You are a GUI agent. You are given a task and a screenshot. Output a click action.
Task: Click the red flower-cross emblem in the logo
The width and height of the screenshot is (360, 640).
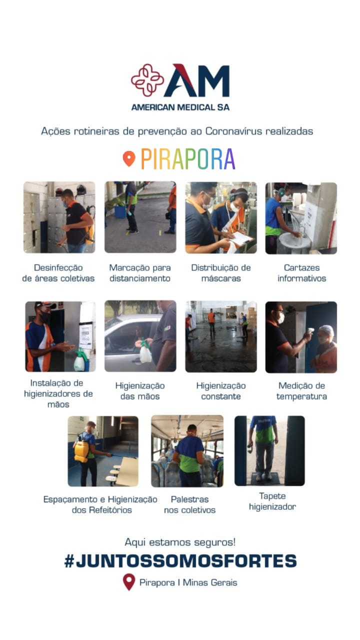click(x=147, y=80)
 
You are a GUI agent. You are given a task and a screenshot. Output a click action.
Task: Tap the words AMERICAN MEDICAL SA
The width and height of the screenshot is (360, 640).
click(x=180, y=107)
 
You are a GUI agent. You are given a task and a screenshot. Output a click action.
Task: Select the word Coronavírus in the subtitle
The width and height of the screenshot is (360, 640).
click(x=233, y=131)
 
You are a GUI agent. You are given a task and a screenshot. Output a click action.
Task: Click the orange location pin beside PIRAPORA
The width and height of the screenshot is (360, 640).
click(x=129, y=158)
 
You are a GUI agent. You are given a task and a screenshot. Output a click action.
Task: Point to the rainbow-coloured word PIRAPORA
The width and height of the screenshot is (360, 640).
click(x=188, y=159)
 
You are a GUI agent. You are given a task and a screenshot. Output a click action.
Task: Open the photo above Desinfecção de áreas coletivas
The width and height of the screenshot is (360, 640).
click(x=59, y=217)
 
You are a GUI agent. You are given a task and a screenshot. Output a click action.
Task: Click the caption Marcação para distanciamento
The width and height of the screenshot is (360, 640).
click(x=140, y=273)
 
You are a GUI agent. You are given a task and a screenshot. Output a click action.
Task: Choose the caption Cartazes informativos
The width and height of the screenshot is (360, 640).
click(x=301, y=273)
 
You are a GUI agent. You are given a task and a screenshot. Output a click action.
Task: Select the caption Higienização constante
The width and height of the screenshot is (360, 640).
click(x=221, y=391)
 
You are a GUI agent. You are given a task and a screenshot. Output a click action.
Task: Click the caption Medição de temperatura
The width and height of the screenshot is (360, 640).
click(x=301, y=391)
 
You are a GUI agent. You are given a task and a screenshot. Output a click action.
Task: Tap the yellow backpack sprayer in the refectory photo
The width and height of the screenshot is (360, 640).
click(x=81, y=451)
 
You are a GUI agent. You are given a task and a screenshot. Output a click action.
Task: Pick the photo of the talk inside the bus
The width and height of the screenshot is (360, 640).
click(x=187, y=451)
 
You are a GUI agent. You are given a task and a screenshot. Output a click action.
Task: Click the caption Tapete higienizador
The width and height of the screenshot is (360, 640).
click(x=272, y=501)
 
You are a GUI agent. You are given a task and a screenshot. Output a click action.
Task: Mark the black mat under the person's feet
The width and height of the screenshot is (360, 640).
click(x=264, y=478)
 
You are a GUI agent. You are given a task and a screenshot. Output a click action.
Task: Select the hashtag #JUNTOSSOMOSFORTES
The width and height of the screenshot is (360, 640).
click(x=180, y=561)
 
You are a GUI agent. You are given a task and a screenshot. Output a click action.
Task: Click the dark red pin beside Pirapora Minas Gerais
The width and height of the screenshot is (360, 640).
click(x=129, y=582)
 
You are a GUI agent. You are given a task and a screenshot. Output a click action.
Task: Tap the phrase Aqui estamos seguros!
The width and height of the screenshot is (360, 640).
click(x=180, y=542)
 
